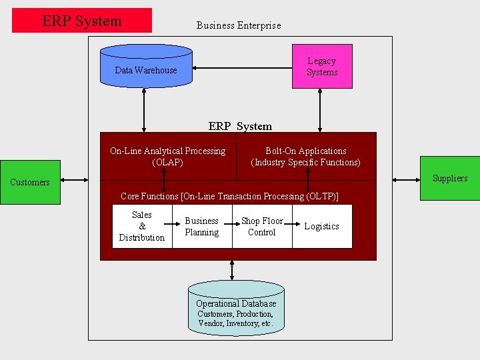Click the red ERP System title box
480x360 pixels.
[x=82, y=21]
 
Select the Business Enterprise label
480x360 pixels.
[x=238, y=25]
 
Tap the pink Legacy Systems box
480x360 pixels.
[x=322, y=67]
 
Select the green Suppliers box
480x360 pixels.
[x=449, y=178]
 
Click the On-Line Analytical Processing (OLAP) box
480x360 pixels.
[x=167, y=157]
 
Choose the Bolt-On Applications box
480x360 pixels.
[x=305, y=157]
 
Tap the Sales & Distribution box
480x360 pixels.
[x=141, y=227]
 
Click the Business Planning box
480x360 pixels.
[x=201, y=227]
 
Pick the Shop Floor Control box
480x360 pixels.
[x=261, y=227]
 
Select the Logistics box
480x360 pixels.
[x=322, y=227]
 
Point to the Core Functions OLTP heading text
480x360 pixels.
[x=229, y=196]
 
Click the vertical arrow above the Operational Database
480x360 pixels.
[x=232, y=270]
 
